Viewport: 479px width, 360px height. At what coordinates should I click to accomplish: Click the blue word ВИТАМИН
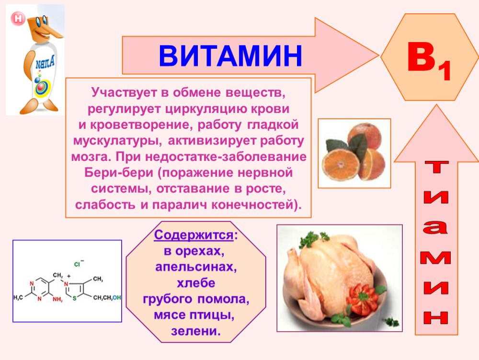tap(230, 56)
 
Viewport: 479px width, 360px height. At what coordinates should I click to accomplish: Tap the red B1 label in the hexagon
tap(429, 62)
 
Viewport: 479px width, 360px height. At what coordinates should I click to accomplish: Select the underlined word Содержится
tap(194, 235)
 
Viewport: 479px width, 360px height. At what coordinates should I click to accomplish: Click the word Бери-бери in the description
tap(119, 172)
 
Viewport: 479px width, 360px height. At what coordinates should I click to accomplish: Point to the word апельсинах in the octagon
tap(196, 267)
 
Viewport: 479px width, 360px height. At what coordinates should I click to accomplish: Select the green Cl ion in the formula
tap(79, 263)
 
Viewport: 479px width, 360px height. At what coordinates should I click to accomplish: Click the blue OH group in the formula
tap(117, 298)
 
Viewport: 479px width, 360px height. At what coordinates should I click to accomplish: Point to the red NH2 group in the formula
tap(57, 300)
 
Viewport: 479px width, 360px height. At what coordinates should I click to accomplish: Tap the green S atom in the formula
tap(74, 299)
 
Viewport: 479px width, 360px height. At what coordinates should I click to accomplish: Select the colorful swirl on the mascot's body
tap(41, 87)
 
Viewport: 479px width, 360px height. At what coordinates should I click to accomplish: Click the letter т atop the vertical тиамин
tap(436, 167)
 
